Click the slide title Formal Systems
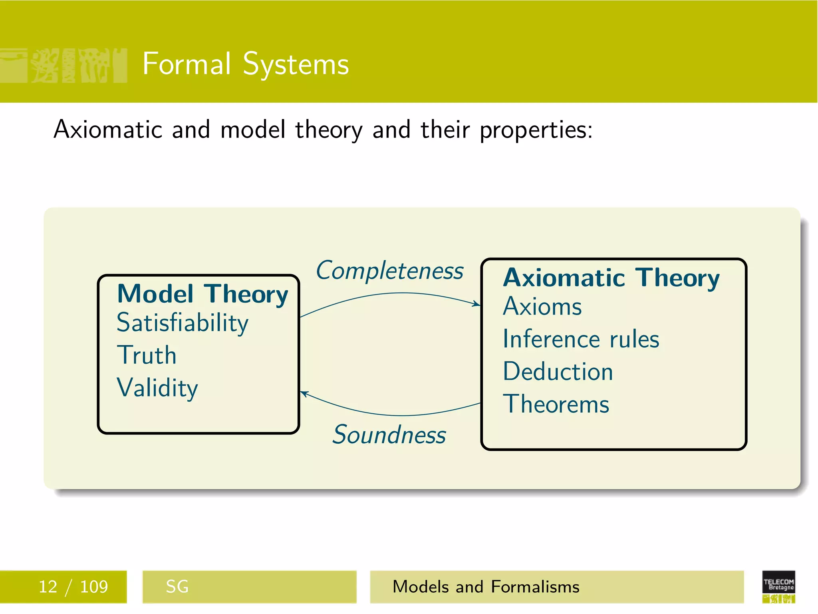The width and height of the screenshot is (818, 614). pyautogui.click(x=245, y=64)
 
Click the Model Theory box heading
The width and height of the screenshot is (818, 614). pyautogui.click(x=203, y=294)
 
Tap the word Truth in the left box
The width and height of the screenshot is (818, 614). pyautogui.click(x=147, y=355)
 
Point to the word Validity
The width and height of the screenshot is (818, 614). pyautogui.click(x=157, y=387)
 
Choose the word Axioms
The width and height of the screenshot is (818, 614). pyautogui.click(x=542, y=307)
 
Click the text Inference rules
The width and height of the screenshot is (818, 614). pyautogui.click(x=581, y=339)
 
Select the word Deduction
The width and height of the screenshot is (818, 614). pyautogui.click(x=558, y=371)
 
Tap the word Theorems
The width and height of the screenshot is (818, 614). pyautogui.click(x=556, y=404)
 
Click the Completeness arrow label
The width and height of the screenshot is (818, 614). pyautogui.click(x=389, y=271)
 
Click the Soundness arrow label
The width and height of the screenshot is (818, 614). pyautogui.click(x=389, y=435)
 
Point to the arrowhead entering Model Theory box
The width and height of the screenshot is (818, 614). pyautogui.click(x=304, y=393)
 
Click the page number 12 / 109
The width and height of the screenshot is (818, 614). pyautogui.click(x=73, y=587)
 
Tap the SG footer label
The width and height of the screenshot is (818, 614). pyautogui.click(x=177, y=587)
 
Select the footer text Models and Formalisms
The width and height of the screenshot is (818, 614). pyautogui.click(x=486, y=587)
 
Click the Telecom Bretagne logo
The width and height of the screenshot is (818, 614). pyautogui.click(x=778, y=586)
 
